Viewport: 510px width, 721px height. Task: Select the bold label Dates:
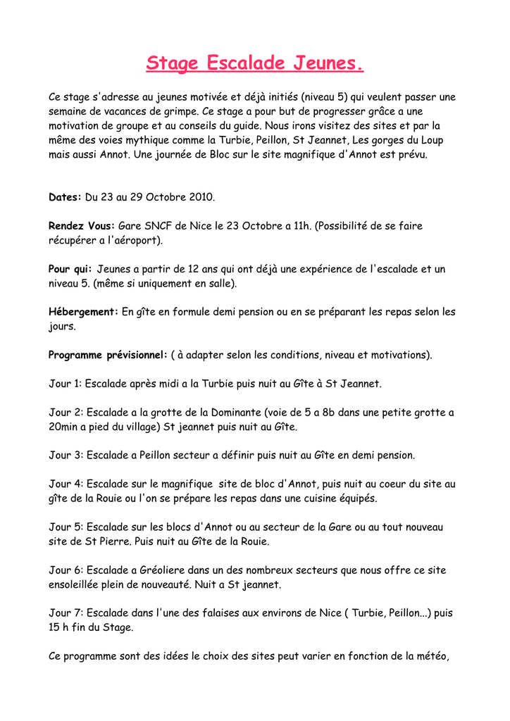[65, 197]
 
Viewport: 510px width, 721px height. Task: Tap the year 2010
[201, 197]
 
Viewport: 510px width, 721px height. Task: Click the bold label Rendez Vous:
[81, 226]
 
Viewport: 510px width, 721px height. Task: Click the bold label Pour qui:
[70, 269]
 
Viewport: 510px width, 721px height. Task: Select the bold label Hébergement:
[83, 312]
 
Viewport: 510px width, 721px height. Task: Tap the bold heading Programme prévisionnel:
[108, 355]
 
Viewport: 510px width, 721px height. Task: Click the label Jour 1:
[65, 384]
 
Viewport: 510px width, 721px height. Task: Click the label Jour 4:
[66, 484]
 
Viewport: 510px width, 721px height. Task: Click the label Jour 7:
[66, 613]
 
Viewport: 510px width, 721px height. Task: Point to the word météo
[430, 656]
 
